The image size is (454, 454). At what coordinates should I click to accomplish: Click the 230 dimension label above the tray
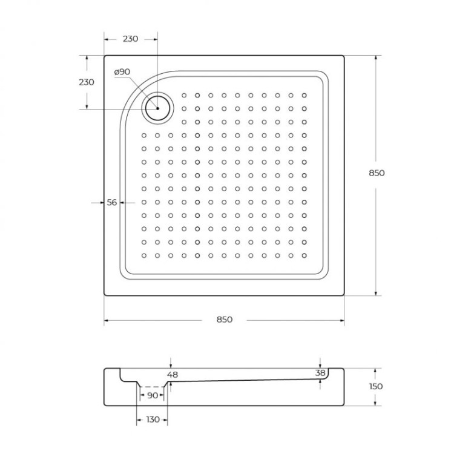tap(130, 39)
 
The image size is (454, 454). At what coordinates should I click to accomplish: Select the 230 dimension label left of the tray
tap(87, 82)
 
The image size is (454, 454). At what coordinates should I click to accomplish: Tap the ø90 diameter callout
tap(122, 72)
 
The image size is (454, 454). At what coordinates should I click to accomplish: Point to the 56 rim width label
tap(111, 203)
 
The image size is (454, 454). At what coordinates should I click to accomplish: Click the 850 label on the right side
tap(377, 173)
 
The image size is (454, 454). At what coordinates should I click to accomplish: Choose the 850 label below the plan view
tap(224, 320)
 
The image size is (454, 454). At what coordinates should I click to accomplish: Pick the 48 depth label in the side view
tap(173, 375)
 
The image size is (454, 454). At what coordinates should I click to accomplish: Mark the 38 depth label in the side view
tap(321, 373)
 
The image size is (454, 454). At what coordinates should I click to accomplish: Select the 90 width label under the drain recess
tap(153, 395)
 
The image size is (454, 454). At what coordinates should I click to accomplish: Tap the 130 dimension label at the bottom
tap(153, 419)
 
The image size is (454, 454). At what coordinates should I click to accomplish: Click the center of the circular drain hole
tap(157, 108)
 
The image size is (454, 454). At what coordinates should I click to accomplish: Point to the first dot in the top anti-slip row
tap(184, 95)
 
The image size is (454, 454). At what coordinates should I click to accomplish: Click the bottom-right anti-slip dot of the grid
tap(304, 256)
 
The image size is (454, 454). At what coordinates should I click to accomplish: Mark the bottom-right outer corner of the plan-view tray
tap(344, 295)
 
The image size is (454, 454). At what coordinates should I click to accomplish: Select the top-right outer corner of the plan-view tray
tap(344, 56)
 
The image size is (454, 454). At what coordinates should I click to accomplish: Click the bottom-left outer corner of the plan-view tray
tap(104, 295)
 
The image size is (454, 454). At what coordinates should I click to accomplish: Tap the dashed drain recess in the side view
tap(153, 386)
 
